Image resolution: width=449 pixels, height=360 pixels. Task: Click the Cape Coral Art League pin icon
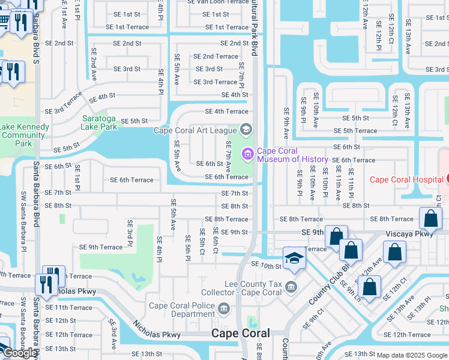point(246,129)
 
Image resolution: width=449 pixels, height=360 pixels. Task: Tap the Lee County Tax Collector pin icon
point(291,286)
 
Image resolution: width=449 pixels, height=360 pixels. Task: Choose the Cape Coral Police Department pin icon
point(224,309)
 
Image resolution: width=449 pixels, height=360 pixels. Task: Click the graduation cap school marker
point(294,258)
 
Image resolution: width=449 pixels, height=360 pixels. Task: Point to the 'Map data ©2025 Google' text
point(411,355)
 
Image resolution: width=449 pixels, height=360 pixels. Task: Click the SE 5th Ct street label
point(202,241)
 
